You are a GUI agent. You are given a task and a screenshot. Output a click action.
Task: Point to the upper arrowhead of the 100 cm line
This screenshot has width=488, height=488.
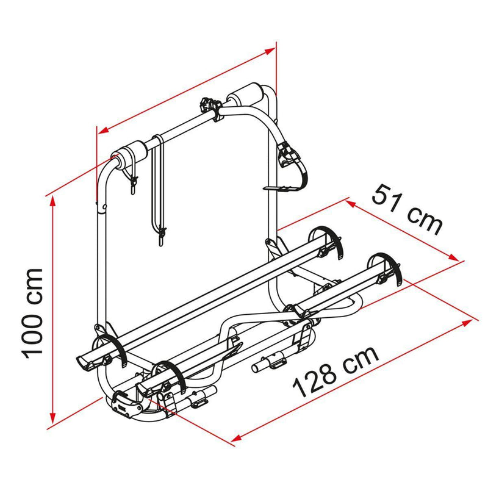[53, 200]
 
